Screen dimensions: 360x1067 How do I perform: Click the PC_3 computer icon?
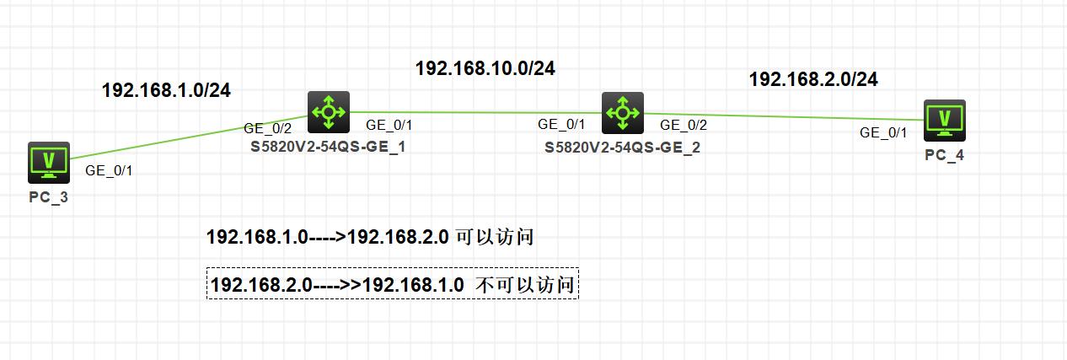click(x=48, y=162)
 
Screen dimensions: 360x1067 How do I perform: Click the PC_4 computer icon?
click(x=944, y=121)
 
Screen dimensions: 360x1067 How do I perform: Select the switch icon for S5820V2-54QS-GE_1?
click(x=328, y=112)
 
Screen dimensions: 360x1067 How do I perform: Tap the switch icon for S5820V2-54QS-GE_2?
click(x=623, y=112)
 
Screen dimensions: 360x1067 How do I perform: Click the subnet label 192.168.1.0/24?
click(x=166, y=90)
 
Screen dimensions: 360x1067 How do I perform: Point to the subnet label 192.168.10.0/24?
click(x=485, y=69)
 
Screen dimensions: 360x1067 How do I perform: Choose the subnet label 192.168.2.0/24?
click(x=813, y=79)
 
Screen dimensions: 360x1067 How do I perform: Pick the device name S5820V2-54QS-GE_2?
click(x=622, y=147)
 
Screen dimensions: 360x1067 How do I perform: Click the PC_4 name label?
click(x=944, y=156)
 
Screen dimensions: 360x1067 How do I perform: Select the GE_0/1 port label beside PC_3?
click(x=109, y=170)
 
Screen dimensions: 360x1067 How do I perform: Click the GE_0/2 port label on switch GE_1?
click(x=267, y=128)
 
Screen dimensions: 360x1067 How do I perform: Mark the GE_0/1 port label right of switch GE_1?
click(x=389, y=125)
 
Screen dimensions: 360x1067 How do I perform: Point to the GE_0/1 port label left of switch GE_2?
click(x=561, y=125)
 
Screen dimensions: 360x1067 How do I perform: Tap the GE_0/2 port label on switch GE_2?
click(x=684, y=125)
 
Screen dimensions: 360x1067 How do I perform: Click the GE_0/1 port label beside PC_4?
click(x=883, y=132)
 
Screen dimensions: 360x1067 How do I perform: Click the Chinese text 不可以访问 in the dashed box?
click(x=524, y=285)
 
